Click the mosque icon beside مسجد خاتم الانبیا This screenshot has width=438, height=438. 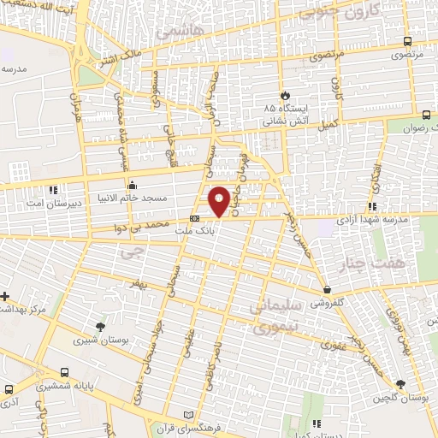click(x=131, y=185)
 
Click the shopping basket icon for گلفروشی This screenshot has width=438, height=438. click(x=328, y=289)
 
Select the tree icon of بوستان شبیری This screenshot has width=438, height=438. click(x=100, y=328)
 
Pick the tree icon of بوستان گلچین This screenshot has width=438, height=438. click(x=400, y=384)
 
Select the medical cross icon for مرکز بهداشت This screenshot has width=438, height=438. click(x=5, y=296)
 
